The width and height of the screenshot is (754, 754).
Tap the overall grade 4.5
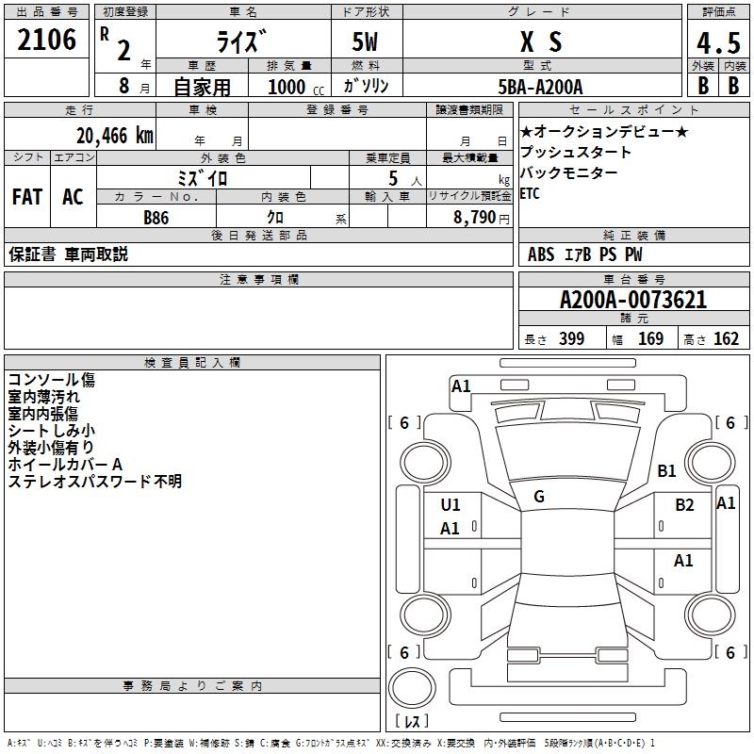(717, 43)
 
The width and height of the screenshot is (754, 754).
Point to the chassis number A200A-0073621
(633, 301)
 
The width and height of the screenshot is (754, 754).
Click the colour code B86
(156, 218)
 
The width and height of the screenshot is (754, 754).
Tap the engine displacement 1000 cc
(294, 87)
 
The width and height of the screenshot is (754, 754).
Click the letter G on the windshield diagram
(539, 497)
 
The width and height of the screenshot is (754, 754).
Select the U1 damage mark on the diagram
(451, 504)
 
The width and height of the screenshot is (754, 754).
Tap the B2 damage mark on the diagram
(684, 504)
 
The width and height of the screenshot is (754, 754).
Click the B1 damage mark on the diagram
(667, 470)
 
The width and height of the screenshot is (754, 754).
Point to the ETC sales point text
(532, 194)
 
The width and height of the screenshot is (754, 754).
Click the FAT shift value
(26, 197)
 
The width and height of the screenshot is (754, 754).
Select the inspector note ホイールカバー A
(65, 465)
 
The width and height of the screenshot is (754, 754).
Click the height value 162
(726, 339)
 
